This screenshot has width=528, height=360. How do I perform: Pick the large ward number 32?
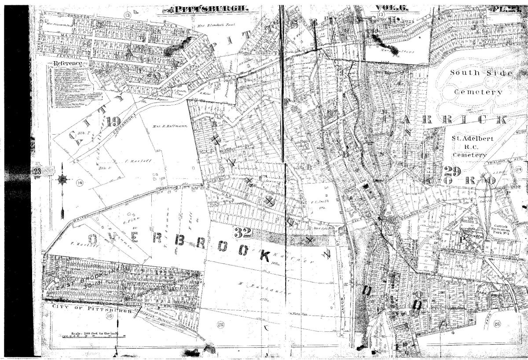click(242, 233)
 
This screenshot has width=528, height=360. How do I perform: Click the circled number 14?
click(79, 183)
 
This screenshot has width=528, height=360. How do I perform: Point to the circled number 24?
click(519, 169)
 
